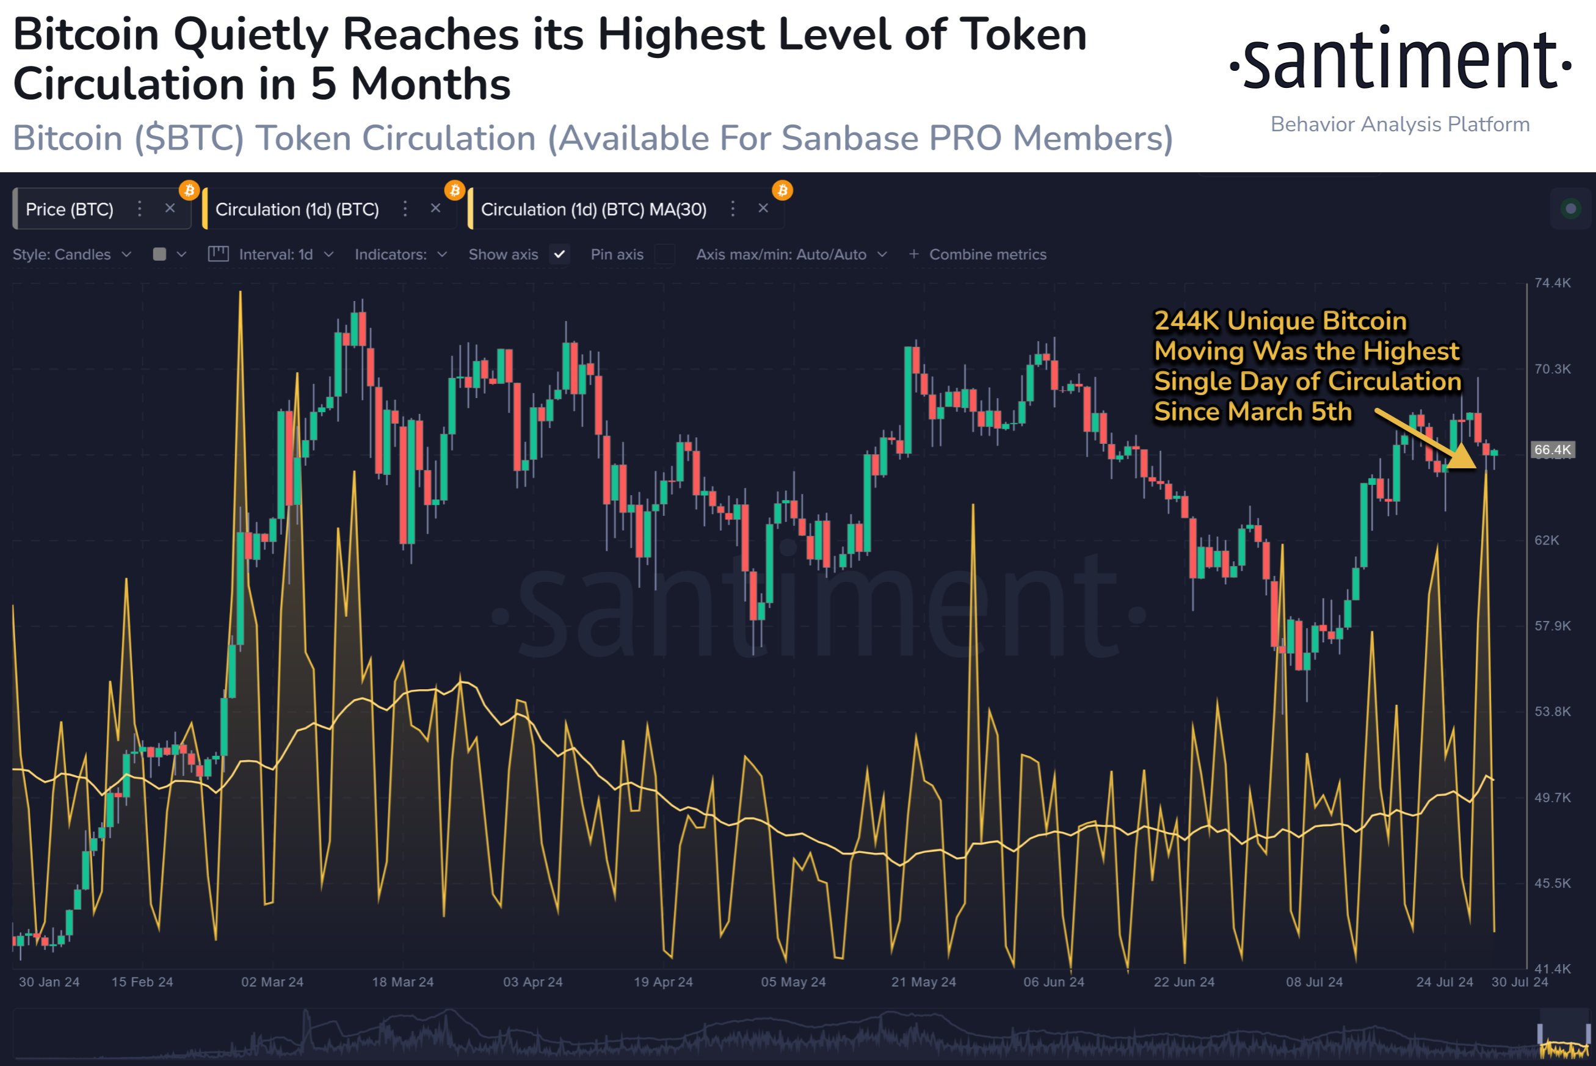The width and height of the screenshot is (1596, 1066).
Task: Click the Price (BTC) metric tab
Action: tap(70, 209)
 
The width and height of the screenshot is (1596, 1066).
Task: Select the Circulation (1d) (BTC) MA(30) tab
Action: tap(593, 209)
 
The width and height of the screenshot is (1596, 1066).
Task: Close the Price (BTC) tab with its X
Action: tap(170, 209)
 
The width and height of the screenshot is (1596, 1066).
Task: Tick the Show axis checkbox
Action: tap(559, 254)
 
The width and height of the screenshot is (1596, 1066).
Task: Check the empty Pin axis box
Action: tap(664, 254)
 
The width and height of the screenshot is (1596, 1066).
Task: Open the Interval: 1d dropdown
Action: tap(276, 254)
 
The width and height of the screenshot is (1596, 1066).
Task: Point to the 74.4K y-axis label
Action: tap(1553, 283)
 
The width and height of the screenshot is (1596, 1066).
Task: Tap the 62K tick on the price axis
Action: tap(1547, 540)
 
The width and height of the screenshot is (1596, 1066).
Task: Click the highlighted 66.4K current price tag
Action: tap(1553, 449)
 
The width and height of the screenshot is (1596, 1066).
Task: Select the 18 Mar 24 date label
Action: tap(402, 982)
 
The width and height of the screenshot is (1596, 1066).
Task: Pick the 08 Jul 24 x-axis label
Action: tap(1314, 982)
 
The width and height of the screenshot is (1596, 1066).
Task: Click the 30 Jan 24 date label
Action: tap(49, 982)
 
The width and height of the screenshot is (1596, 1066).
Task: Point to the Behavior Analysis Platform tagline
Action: tap(1399, 125)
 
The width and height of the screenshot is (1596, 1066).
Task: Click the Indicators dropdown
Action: tap(401, 254)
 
